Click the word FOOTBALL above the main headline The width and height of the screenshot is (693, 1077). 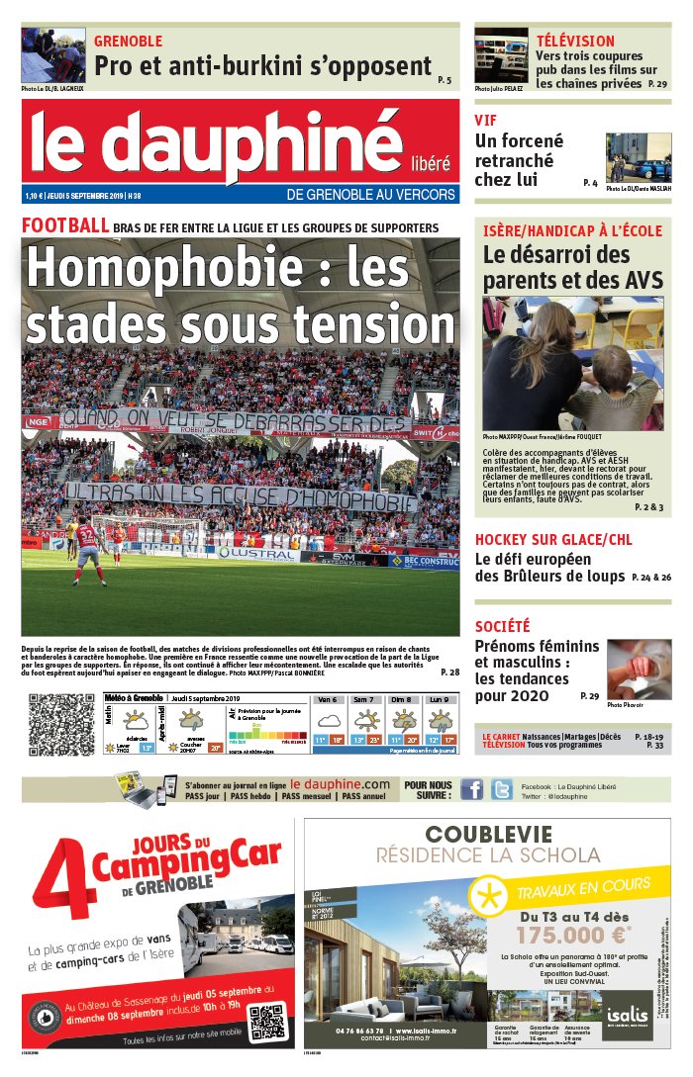pos(65,225)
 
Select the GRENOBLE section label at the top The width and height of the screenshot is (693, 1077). pos(128,42)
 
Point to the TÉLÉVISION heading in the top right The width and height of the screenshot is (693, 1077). pos(575,42)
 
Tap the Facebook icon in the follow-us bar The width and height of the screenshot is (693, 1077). pos(471,789)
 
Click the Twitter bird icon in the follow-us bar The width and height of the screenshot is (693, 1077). pos(502,789)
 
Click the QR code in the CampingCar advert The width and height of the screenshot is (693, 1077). pos(265,1022)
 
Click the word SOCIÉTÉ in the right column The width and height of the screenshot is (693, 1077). pos(502,626)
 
